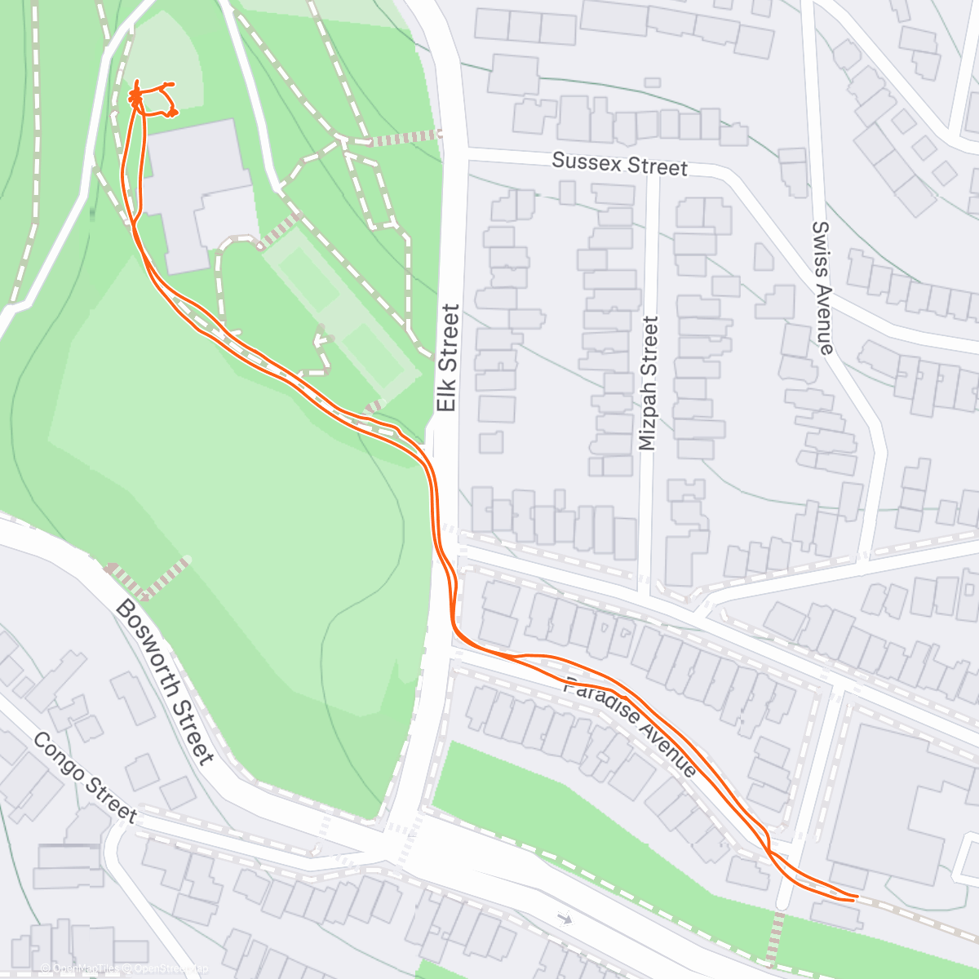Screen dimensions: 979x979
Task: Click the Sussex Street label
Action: coord(619,164)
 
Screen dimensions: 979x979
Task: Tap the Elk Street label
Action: coord(447,357)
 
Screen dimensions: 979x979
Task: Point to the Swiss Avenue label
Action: coord(822,287)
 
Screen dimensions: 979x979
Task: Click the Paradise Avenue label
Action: coord(631,726)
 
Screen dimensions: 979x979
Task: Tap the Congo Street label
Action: coord(85,776)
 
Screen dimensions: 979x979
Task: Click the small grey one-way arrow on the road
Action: coord(564,919)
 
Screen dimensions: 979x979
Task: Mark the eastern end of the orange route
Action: coord(857,897)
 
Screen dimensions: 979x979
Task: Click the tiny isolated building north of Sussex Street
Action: coord(651,82)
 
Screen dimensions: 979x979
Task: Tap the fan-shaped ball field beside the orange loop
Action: coord(163,61)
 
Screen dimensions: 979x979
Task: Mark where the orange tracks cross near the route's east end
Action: coord(769,851)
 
